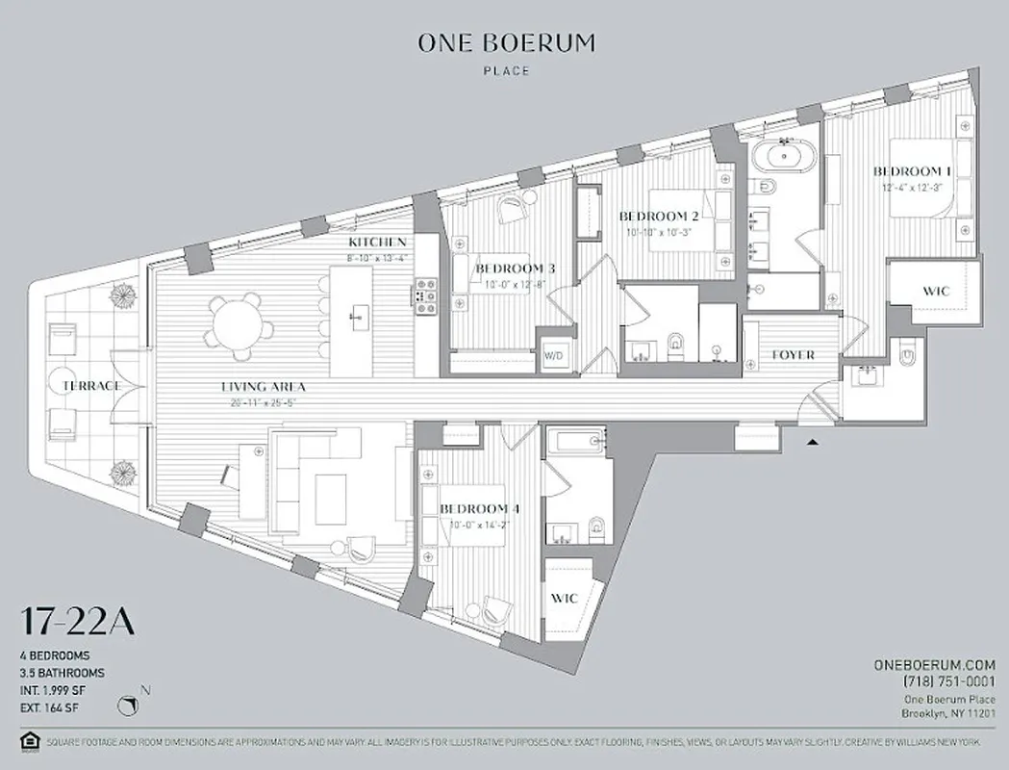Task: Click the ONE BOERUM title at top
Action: pos(505,42)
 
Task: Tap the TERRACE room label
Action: pos(91,386)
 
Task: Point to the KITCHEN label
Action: pos(377,243)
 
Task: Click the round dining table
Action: pos(234,321)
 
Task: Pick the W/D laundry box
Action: pos(555,355)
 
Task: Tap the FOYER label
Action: pos(794,355)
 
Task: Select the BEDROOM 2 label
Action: pos(659,217)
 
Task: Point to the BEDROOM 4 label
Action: pos(478,508)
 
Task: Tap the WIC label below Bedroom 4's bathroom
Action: pos(565,598)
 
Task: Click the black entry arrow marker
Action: pos(813,442)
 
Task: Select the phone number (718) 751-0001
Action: pos(946,681)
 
